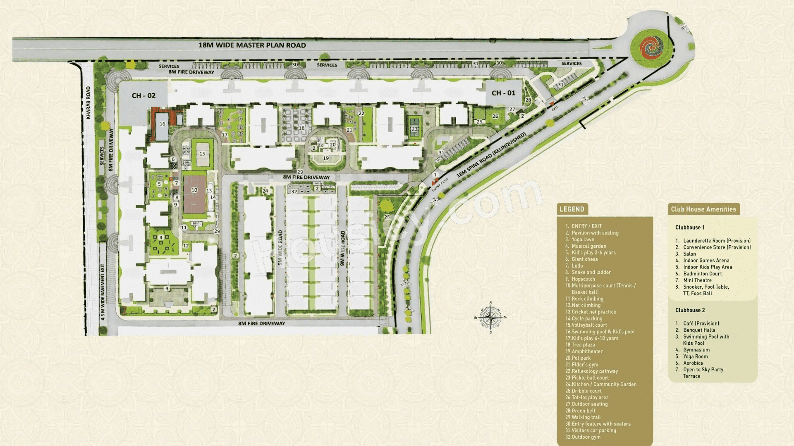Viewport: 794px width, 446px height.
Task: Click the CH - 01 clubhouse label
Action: tap(503, 93)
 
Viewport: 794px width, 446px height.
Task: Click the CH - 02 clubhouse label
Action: tap(143, 96)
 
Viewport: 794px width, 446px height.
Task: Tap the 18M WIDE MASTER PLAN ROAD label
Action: tap(252, 45)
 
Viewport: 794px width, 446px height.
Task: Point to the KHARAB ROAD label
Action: tap(88, 103)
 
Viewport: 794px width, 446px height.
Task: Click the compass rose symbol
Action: tap(490, 318)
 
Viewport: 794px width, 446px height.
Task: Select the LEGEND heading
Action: tap(572, 209)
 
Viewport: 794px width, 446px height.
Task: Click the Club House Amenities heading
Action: tap(703, 209)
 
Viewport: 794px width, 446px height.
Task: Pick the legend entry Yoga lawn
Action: tap(583, 240)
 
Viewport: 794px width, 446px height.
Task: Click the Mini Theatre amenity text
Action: tap(697, 280)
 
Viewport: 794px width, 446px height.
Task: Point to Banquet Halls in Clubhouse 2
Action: tap(699, 330)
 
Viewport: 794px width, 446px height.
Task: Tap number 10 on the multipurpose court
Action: tap(194, 190)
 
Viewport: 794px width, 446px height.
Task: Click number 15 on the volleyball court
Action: tap(202, 154)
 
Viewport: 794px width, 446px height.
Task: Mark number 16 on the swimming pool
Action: tap(163, 124)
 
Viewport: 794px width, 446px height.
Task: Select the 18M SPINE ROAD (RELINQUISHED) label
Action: tap(491, 155)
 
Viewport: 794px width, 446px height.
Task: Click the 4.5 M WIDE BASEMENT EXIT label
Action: tap(103, 292)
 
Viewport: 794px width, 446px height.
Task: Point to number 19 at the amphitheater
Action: tap(326, 158)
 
